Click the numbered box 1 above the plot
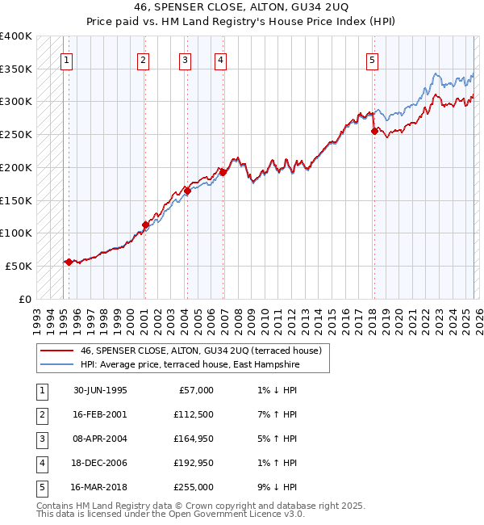pyautogui.click(x=66, y=59)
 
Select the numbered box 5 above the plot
pyautogui.click(x=372, y=59)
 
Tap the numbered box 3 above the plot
pyautogui.click(x=185, y=59)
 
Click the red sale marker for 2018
pyautogui.click(x=373, y=131)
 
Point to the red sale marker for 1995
pyautogui.click(x=69, y=262)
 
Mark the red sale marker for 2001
pyautogui.click(x=145, y=225)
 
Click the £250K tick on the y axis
pyautogui.click(x=16, y=134)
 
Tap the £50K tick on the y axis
pyautogui.click(x=19, y=266)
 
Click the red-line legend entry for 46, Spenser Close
pyautogui.click(x=201, y=351)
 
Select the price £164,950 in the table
pyautogui.click(x=194, y=439)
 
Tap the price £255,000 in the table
pyautogui.click(x=194, y=487)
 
